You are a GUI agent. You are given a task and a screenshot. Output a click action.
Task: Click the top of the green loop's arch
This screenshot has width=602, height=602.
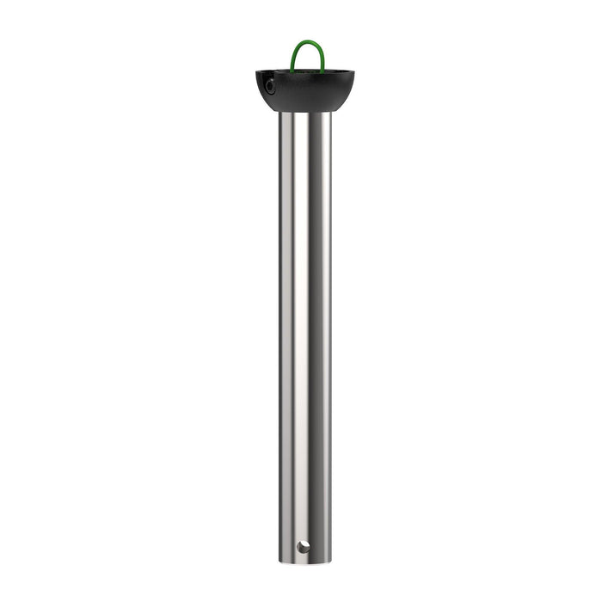coord(307,41)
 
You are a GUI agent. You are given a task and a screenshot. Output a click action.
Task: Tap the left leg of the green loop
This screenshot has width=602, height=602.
coord(293,58)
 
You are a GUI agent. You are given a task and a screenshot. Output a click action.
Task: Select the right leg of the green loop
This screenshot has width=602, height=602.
coord(322,58)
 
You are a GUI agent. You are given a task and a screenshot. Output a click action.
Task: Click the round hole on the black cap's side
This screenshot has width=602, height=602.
coord(270,85)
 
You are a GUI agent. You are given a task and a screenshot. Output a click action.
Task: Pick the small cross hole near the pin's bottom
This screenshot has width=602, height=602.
coord(302,546)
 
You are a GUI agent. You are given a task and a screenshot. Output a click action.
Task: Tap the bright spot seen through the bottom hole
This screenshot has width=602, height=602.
coord(304,547)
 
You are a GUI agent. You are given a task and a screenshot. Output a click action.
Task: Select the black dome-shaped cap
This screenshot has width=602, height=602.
coord(305,90)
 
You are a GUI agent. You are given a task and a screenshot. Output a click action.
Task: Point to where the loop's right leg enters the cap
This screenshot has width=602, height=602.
coord(323,71)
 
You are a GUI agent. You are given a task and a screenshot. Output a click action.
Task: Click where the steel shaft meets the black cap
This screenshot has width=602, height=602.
coord(305,112)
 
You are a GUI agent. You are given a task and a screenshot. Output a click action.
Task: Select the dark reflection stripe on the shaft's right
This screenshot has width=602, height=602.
coord(323,335)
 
